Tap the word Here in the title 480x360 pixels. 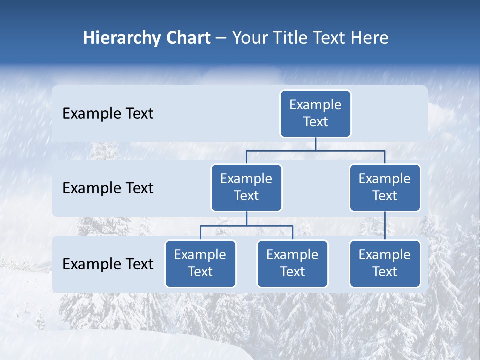point(369,38)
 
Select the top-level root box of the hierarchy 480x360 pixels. point(315,114)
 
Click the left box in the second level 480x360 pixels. point(246,188)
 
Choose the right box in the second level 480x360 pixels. point(385,188)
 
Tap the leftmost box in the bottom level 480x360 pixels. point(200,264)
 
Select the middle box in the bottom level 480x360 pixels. point(292,264)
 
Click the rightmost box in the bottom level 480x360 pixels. point(385,264)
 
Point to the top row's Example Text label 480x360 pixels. point(108,114)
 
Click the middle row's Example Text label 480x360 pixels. point(108,188)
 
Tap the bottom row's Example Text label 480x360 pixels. point(108,264)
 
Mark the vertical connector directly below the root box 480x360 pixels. point(315,144)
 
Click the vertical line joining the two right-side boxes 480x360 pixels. point(385,226)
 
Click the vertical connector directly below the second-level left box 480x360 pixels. point(246,218)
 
